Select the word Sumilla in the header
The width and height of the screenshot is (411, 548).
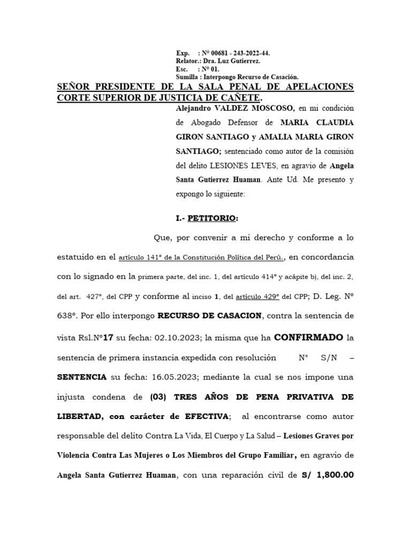tap(187, 77)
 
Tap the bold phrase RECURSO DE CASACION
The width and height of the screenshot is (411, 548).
tap(209, 315)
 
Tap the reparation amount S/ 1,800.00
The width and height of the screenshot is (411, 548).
tap(327, 475)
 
